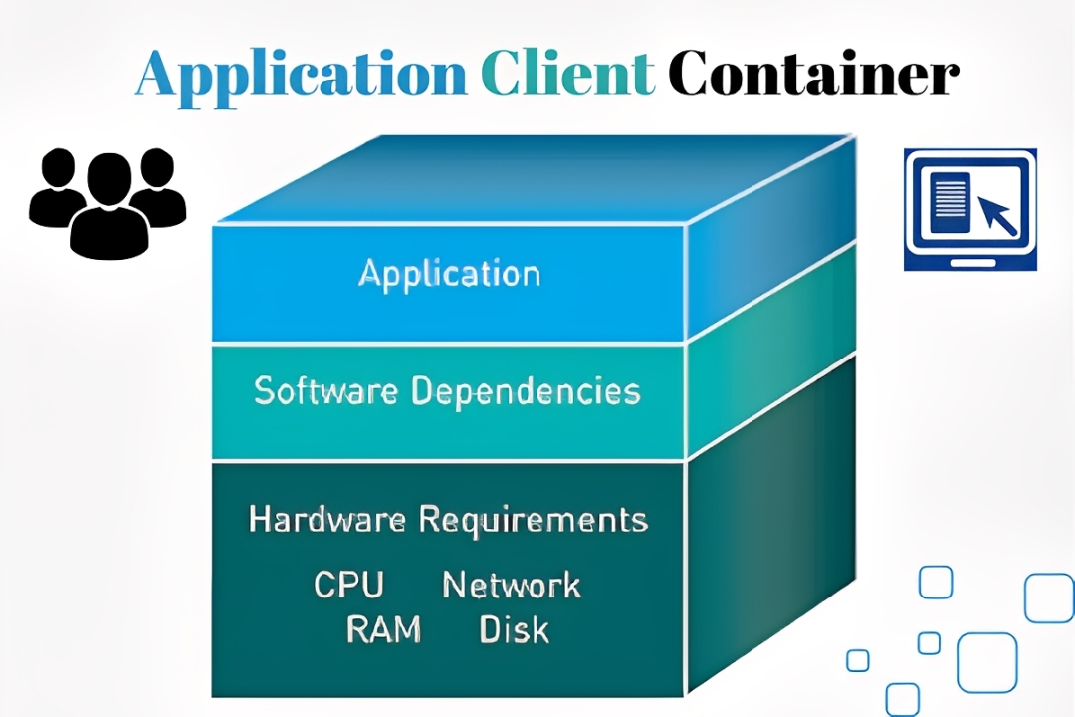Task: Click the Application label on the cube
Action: click(x=449, y=274)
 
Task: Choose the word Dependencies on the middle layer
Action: click(x=526, y=390)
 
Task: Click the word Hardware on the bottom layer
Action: click(x=326, y=519)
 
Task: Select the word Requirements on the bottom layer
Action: click(x=533, y=519)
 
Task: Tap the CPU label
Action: click(x=348, y=585)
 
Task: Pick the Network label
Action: click(x=511, y=585)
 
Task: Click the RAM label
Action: click(x=383, y=629)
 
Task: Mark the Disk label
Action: click(x=514, y=629)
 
